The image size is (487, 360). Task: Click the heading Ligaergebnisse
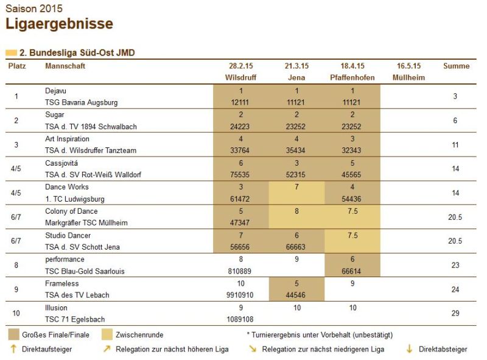pyautogui.click(x=59, y=24)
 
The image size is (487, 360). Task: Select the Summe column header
pyautogui.click(x=456, y=66)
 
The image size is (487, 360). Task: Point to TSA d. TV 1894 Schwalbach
pyautogui.click(x=91, y=127)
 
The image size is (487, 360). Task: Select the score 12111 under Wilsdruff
pyautogui.click(x=241, y=102)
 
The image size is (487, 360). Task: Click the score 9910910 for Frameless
pyautogui.click(x=241, y=295)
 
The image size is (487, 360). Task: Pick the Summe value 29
pyautogui.click(x=456, y=313)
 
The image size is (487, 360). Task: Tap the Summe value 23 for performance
pyautogui.click(x=456, y=265)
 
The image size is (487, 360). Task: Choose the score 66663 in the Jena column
pyautogui.click(x=296, y=247)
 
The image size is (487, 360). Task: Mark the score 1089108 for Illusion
pyautogui.click(x=241, y=319)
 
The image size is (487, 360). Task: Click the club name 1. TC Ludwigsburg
pyautogui.click(x=75, y=199)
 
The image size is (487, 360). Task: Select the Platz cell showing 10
pyautogui.click(x=16, y=313)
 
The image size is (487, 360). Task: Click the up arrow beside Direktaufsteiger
pyautogui.click(x=12, y=349)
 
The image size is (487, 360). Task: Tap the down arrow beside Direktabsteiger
pyautogui.click(x=408, y=349)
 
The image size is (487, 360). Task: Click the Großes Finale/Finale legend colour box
pyautogui.click(x=13, y=334)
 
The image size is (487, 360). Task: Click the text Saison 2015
pyautogui.click(x=33, y=9)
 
